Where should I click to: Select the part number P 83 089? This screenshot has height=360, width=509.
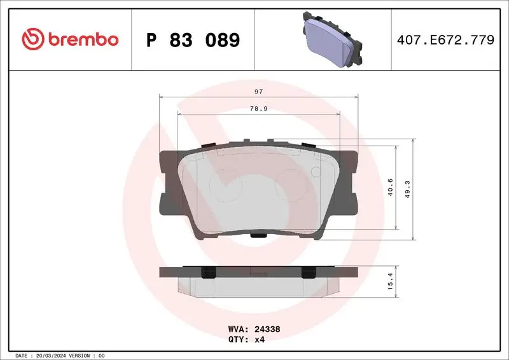pyautogui.click(x=193, y=40)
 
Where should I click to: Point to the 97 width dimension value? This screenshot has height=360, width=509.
pyautogui.click(x=258, y=92)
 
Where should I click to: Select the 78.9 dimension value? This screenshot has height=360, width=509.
pyautogui.click(x=258, y=109)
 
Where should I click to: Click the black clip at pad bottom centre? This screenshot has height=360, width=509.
pyautogui.click(x=258, y=236)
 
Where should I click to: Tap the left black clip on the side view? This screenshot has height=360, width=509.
pyautogui.click(x=207, y=272)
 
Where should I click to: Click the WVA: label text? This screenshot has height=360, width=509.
pyautogui.click(x=238, y=330)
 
